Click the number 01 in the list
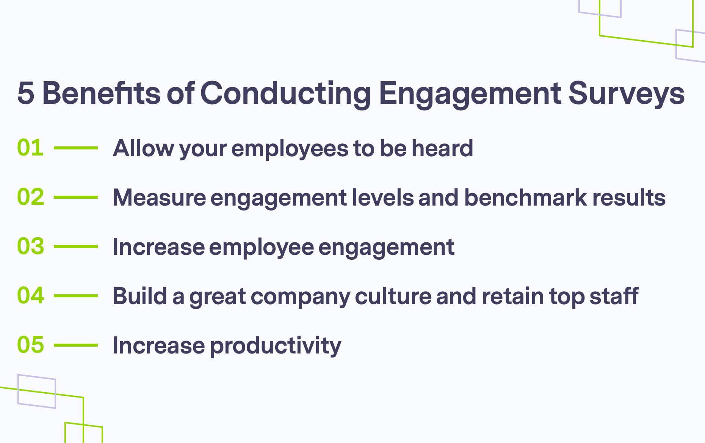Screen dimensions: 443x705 click(30, 148)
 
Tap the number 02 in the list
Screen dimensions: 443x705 click(31, 197)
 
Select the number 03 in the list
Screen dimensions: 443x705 click(31, 246)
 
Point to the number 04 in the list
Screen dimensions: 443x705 click(31, 295)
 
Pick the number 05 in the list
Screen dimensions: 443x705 click(31, 345)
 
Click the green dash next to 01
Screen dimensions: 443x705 click(76, 148)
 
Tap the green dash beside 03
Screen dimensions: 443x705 click(76, 246)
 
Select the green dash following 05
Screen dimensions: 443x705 click(76, 345)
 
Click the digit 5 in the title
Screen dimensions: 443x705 click(26, 93)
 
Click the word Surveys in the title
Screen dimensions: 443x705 click(627, 93)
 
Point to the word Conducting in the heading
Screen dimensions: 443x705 click(285, 93)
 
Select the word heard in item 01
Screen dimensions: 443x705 click(442, 148)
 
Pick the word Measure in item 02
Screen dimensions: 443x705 click(159, 198)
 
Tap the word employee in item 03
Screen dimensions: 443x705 click(261, 247)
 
